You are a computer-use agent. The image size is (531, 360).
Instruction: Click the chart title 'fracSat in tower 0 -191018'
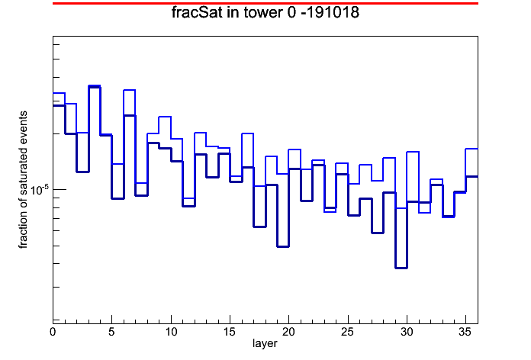click(x=265, y=13)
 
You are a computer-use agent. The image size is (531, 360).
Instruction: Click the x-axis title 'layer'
click(x=265, y=343)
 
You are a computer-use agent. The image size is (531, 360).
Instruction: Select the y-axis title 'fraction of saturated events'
click(x=23, y=180)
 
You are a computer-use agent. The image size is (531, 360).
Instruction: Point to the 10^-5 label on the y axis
click(x=39, y=190)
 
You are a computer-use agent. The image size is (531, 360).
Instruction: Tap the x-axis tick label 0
click(x=53, y=332)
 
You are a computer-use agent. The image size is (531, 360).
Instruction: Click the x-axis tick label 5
click(x=111, y=332)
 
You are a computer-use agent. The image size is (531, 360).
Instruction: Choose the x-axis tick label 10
click(x=171, y=332)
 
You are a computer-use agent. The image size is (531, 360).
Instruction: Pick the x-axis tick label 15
click(x=230, y=332)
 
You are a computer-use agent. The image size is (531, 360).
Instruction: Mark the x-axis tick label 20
click(x=289, y=332)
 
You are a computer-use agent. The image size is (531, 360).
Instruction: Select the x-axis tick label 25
click(x=348, y=332)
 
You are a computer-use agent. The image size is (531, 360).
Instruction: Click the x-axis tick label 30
click(x=407, y=332)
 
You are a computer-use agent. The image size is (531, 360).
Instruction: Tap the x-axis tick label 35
click(x=465, y=332)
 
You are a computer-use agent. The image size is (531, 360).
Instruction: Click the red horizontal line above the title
click(x=265, y=3)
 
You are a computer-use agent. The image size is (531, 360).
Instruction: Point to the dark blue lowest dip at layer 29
click(x=401, y=268)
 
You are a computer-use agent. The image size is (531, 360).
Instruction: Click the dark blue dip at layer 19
click(x=283, y=246)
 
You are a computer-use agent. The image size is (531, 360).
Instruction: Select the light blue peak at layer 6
click(x=130, y=90)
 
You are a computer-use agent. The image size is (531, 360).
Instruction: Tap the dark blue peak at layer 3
click(x=94, y=87)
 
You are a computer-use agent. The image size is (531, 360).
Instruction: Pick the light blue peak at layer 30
click(x=413, y=152)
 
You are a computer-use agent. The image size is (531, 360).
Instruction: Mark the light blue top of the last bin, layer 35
click(x=471, y=149)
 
